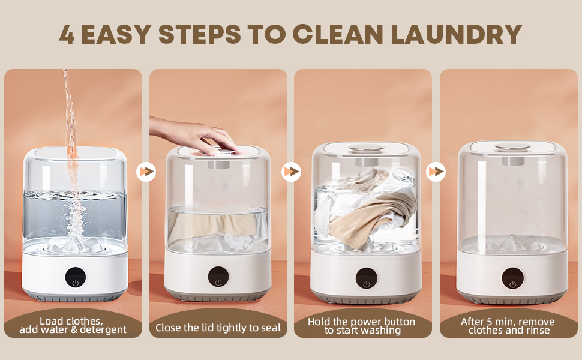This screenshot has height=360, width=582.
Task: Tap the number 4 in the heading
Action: [67, 34]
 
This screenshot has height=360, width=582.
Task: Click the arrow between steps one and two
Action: [146, 172]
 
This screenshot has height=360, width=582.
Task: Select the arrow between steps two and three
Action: [291, 172]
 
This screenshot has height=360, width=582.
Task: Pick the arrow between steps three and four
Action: [436, 172]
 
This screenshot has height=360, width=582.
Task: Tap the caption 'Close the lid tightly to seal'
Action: [218, 328]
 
